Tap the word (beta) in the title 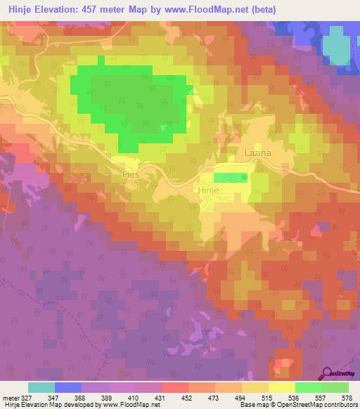click(261, 10)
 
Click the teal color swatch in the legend click(41, 387)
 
